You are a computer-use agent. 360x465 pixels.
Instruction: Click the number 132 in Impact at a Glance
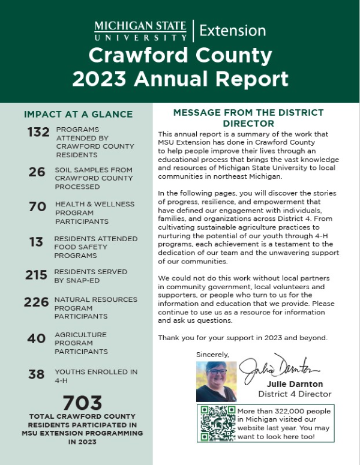tap(38, 133)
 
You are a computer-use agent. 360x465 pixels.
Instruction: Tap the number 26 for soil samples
tap(37, 172)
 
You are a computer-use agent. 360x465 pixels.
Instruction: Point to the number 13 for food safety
tap(36, 242)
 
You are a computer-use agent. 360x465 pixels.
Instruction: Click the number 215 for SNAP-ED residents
tap(36, 275)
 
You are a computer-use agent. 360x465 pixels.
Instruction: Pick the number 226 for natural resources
tap(36, 302)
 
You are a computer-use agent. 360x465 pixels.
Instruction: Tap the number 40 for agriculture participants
tap(36, 338)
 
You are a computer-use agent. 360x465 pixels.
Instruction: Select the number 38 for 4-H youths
tap(36, 374)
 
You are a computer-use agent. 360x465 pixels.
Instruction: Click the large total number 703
tap(82, 403)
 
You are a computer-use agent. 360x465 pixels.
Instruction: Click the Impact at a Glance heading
tap(78, 114)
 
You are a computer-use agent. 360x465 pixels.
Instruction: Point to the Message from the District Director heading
tap(248, 118)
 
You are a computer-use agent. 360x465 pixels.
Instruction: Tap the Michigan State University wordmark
tap(140, 30)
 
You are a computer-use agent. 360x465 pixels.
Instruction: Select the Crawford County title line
tap(180, 56)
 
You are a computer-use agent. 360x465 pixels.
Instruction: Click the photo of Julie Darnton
tap(216, 382)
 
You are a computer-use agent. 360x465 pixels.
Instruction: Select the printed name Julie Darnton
tap(295, 384)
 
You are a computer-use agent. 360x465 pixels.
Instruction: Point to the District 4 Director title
tap(295, 394)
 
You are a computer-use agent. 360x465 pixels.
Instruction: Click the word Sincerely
tap(212, 355)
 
